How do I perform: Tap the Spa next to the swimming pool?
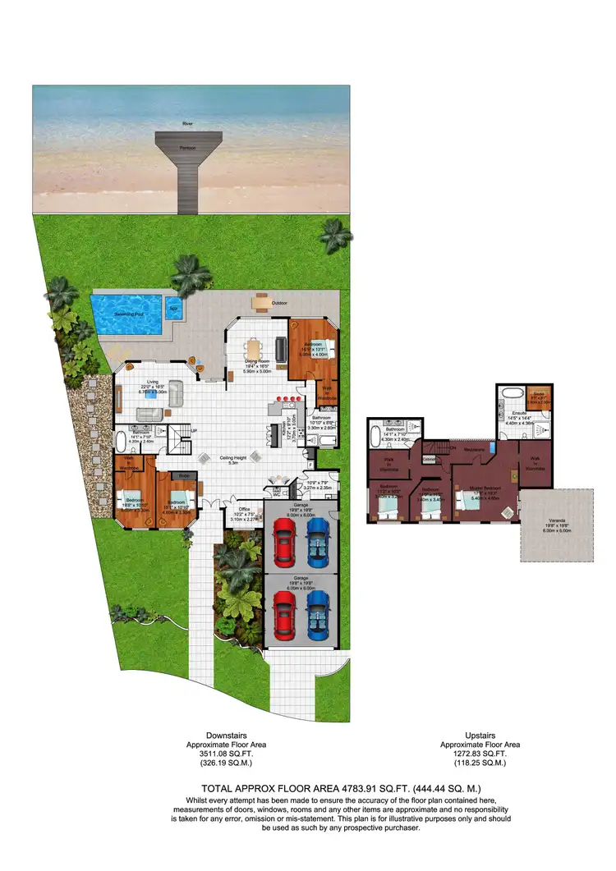[173, 310]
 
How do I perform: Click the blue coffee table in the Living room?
[152, 394]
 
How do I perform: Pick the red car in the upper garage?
[284, 543]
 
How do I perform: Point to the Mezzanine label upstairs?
[473, 449]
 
